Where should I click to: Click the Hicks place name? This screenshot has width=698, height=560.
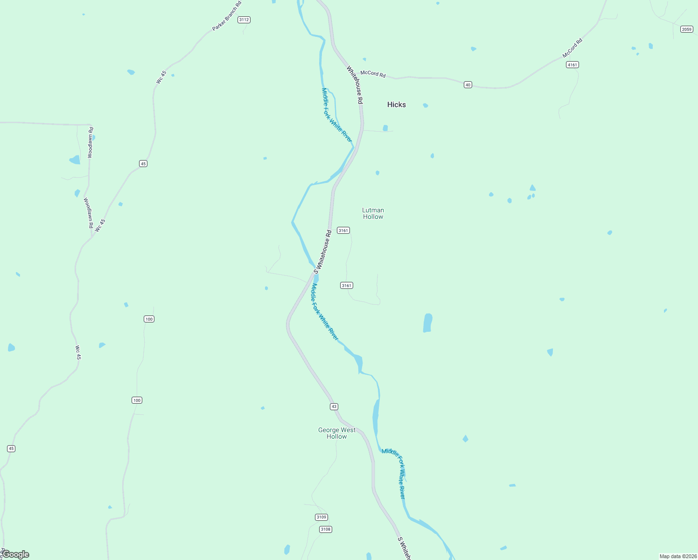[x=397, y=105]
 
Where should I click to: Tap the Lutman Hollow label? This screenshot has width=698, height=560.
[x=373, y=213]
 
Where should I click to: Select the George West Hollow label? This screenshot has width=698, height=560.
[x=337, y=433]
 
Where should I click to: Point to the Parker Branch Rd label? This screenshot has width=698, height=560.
[x=227, y=16]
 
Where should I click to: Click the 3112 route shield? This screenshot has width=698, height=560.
[x=244, y=20]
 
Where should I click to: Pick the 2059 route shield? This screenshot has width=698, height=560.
[x=686, y=29]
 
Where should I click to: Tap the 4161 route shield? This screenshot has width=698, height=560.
[x=572, y=65]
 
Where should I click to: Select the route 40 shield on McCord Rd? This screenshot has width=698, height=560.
[x=468, y=84]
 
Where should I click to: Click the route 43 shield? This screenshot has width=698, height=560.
[x=334, y=406]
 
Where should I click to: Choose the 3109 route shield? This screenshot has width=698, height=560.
[x=321, y=517]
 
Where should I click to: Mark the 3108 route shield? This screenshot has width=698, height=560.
[x=326, y=529]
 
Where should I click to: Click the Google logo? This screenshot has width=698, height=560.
[x=16, y=554]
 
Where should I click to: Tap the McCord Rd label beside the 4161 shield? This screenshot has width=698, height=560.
[x=572, y=48]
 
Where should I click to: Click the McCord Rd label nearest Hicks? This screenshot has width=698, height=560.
[x=373, y=74]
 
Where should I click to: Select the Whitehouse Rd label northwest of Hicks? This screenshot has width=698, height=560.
[x=354, y=84]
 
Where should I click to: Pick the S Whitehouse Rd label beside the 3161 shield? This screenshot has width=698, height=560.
[x=322, y=252]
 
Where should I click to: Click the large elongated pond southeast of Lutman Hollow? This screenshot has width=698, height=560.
[x=427, y=323]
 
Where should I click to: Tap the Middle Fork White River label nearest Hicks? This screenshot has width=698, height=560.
[x=337, y=115]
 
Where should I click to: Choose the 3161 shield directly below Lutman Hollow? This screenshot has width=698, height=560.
[x=343, y=230]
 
